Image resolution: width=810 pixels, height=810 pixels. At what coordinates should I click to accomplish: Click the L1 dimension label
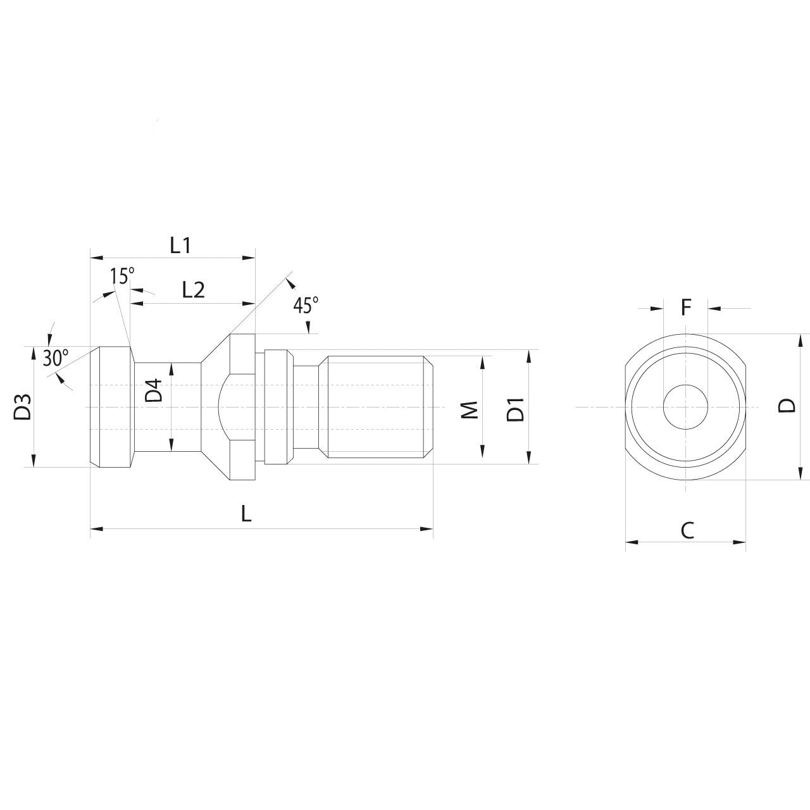[180, 245]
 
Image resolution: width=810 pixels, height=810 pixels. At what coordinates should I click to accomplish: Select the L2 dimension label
[193, 290]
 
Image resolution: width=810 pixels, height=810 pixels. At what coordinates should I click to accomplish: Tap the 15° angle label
[122, 276]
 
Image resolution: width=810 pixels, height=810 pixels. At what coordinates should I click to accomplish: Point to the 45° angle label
[306, 306]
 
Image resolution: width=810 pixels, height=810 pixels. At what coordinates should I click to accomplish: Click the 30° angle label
[56, 358]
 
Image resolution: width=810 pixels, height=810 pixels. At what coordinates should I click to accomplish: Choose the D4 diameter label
[154, 390]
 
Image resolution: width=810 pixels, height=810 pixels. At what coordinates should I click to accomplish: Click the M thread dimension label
[470, 409]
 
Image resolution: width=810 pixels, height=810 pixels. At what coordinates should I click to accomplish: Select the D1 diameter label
[516, 409]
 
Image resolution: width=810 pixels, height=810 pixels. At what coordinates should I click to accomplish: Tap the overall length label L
[246, 513]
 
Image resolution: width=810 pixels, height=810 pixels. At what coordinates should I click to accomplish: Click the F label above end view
[686, 308]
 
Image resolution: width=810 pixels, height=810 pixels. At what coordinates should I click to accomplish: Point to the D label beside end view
[787, 406]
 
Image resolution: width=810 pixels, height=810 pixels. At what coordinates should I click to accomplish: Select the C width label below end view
[687, 530]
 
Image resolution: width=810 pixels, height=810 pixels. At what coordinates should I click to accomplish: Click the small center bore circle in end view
[685, 406]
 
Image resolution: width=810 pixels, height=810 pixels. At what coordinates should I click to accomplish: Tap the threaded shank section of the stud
[377, 406]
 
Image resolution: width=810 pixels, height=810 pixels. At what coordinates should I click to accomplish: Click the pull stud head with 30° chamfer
[111, 407]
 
